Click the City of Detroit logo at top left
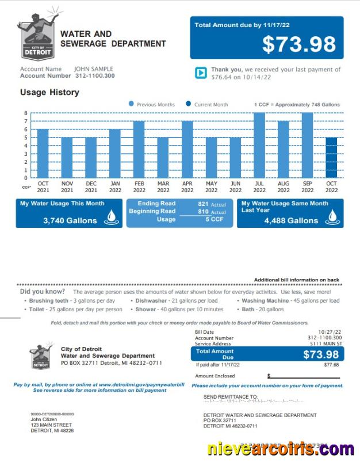tap(38, 34)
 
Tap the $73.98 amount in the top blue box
tap(298, 44)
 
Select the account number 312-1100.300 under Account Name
tap(94, 76)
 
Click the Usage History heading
tap(49, 92)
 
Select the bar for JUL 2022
tap(259, 145)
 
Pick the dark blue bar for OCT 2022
tap(331, 157)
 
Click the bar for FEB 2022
tap(139, 149)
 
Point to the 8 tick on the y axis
tap(25, 113)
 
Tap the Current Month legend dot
tap(188, 104)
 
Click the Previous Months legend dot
tap(131, 104)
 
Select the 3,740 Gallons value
tap(70, 220)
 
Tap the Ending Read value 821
tap(202, 204)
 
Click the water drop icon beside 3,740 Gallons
tap(112, 217)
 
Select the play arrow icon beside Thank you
tap(201, 73)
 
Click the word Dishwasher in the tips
tap(151, 300)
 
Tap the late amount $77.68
tap(331, 365)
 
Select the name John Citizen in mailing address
tap(44, 419)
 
